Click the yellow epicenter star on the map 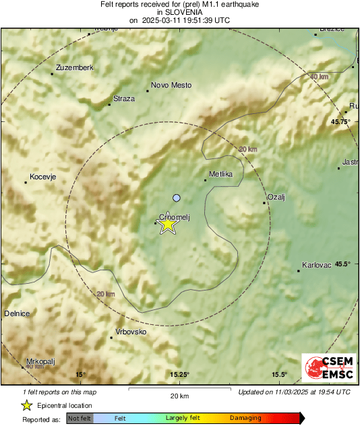click(x=167, y=225)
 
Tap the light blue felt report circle click(x=177, y=197)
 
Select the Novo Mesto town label click(x=171, y=85)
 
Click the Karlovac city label click(x=317, y=265)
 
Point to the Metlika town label click(x=221, y=174)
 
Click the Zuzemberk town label click(x=74, y=67)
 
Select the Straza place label click(x=124, y=98)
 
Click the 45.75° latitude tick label click(x=341, y=121)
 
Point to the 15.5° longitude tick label click(x=279, y=375)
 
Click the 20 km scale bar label click(x=179, y=396)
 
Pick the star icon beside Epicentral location click(x=27, y=405)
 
